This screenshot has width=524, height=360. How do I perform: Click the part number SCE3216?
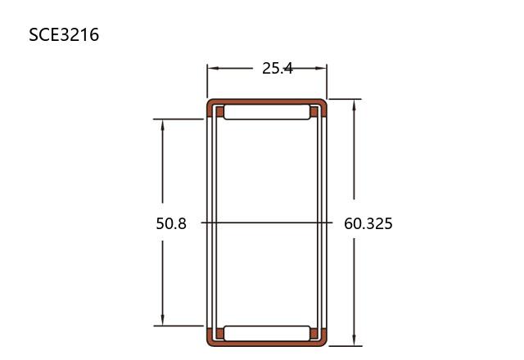point(64,34)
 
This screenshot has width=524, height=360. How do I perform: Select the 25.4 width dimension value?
point(278,69)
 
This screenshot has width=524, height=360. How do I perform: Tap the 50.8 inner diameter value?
point(171,223)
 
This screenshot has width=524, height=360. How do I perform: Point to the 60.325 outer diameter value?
point(368,223)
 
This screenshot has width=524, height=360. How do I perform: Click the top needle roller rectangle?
point(267,112)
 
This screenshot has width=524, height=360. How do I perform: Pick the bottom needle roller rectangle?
point(267,333)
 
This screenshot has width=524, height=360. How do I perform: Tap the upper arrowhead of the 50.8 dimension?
point(163,125)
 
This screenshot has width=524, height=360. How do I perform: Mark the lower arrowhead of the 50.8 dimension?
point(163,319)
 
